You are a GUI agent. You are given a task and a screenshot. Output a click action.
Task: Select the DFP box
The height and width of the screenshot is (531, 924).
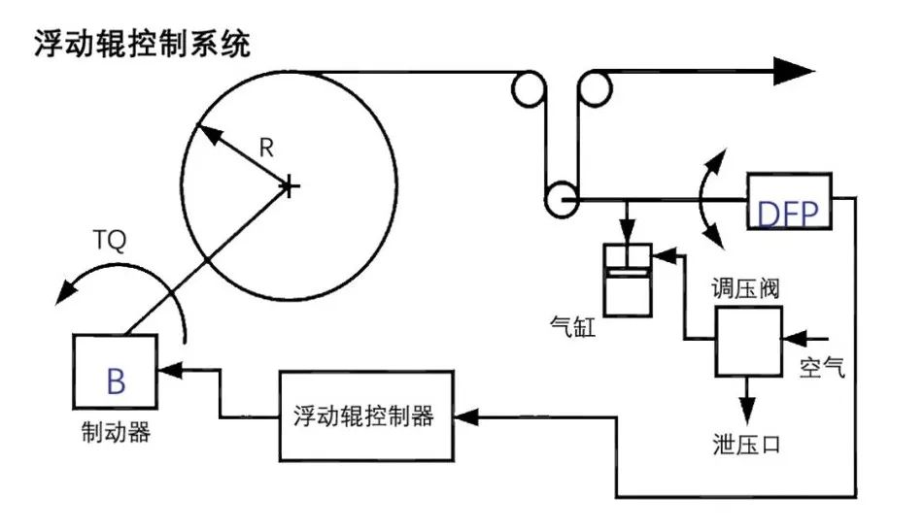(789, 202)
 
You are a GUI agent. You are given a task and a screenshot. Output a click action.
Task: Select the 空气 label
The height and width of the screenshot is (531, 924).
(822, 368)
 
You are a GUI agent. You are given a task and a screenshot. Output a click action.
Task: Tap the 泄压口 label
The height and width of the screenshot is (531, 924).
(747, 446)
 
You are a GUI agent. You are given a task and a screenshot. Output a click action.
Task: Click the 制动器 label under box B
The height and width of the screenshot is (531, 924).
(116, 433)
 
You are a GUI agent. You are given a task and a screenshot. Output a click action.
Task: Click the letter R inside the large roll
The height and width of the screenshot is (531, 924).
(266, 148)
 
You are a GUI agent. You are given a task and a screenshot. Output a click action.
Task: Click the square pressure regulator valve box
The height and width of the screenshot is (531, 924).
(749, 341)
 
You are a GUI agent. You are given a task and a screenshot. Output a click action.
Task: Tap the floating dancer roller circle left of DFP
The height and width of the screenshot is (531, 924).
(559, 200)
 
